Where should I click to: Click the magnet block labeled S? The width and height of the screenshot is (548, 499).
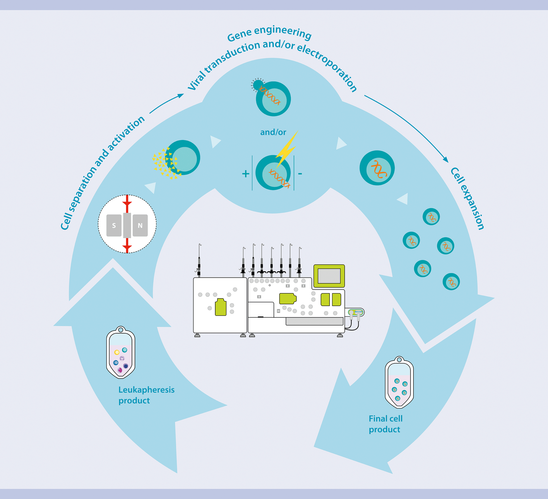click(x=114, y=226)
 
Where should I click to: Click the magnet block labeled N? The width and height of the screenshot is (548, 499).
click(x=140, y=226)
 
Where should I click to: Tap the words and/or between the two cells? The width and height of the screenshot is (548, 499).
click(x=273, y=132)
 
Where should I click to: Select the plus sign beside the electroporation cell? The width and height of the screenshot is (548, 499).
click(x=245, y=174)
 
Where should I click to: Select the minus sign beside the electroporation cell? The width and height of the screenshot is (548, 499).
click(x=300, y=173)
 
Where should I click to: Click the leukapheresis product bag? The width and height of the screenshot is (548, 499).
click(x=121, y=353)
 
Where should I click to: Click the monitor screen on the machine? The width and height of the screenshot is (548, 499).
click(x=329, y=276)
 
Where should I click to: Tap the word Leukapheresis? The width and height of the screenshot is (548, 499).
click(x=146, y=390)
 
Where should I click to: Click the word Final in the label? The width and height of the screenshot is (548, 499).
click(x=377, y=419)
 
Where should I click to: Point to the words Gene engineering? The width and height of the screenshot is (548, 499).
click(x=269, y=33)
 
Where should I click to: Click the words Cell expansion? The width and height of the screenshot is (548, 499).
click(x=467, y=198)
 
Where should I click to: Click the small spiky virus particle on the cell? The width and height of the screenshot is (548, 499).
click(x=258, y=85)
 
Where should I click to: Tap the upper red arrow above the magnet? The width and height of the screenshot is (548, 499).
click(x=127, y=203)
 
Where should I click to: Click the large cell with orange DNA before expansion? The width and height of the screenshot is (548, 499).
click(x=377, y=168)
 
